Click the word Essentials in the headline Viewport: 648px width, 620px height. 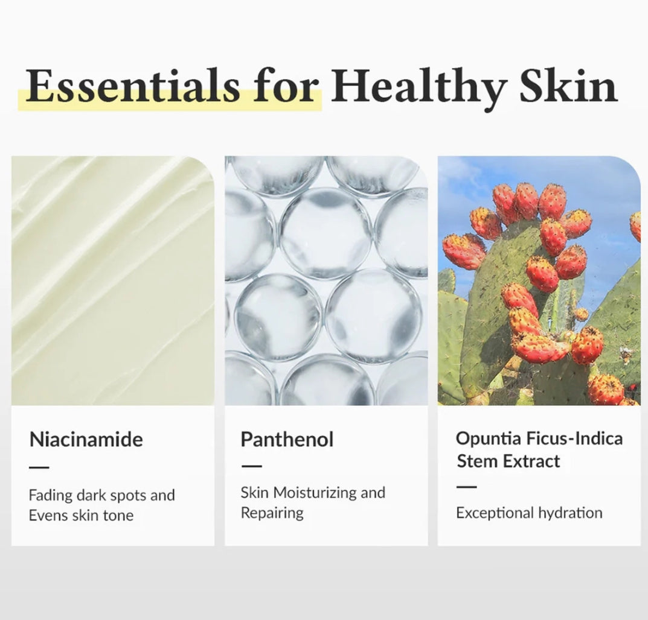point(133,86)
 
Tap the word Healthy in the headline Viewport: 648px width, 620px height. point(419,89)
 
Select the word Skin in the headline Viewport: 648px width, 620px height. point(569,85)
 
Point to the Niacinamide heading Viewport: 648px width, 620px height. point(86,439)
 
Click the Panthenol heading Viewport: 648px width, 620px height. point(287,439)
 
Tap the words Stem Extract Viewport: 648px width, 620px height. point(508,461)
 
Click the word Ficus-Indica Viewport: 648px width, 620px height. point(575,438)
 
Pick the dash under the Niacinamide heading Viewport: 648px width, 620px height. point(39,467)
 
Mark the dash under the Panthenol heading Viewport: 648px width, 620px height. point(252,466)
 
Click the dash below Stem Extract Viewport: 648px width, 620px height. point(467,487)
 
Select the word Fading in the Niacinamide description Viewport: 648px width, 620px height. point(50,496)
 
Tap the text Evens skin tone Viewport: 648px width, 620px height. point(81,516)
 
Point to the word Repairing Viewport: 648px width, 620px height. point(272,513)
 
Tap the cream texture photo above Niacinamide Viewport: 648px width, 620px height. point(113,280)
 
